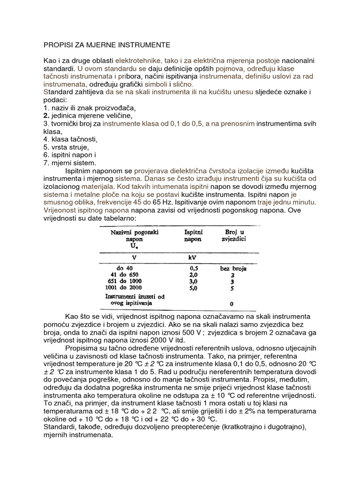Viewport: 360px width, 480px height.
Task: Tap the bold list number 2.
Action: coord(46,115)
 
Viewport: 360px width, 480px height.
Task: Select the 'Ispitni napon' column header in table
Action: coord(192,235)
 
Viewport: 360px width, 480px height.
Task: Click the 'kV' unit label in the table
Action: coord(192,257)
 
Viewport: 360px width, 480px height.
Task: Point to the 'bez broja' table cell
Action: coord(233,269)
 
